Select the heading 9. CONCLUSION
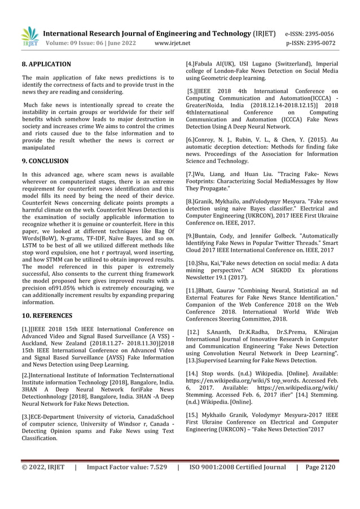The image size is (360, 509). click(x=45, y=161)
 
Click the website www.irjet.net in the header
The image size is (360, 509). click(x=172, y=42)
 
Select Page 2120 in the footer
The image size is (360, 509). click(x=320, y=467)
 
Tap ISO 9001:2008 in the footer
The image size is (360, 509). click(x=219, y=467)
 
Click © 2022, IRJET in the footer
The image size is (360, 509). click(x=43, y=467)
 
